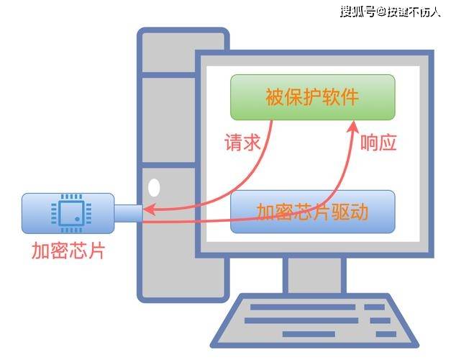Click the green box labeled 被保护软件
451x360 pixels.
click(x=313, y=97)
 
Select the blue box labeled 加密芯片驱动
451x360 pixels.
click(x=313, y=212)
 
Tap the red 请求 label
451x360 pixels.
click(x=242, y=143)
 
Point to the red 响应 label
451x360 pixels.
click(x=378, y=143)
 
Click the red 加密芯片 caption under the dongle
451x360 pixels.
click(x=68, y=251)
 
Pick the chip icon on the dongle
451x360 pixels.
click(x=71, y=213)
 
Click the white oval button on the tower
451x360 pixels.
click(x=154, y=187)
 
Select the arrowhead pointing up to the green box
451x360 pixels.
click(x=353, y=127)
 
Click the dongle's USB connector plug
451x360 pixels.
click(x=129, y=213)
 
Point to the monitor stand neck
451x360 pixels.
click(x=314, y=275)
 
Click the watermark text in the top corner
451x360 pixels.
click(x=391, y=12)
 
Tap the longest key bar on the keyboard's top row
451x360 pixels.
click(x=303, y=307)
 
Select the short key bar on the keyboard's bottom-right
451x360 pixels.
click(x=386, y=334)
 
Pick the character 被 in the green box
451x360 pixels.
click(x=274, y=97)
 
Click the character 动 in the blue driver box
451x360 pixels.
click(x=359, y=212)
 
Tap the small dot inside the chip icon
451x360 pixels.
click(x=77, y=219)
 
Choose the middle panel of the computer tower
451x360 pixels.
click(x=169, y=120)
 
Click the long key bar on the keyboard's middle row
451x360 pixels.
click(x=301, y=320)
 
